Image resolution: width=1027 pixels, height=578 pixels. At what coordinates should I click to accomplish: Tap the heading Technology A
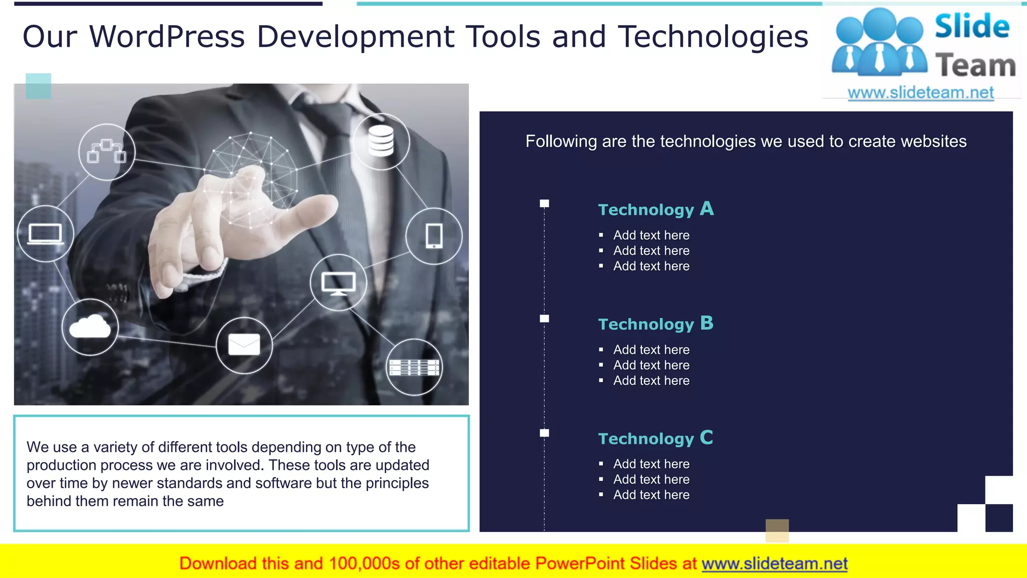(655, 209)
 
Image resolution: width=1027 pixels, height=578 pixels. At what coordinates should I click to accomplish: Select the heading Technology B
(655, 324)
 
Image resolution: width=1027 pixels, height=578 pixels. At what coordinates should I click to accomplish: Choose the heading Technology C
(655, 438)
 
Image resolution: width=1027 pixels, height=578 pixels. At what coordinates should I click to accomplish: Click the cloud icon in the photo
(90, 327)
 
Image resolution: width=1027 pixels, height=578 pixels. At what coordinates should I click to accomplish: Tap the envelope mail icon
(244, 345)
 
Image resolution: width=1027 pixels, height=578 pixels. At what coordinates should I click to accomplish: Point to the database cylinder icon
(381, 141)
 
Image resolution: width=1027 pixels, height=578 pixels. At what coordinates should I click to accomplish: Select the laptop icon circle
(46, 233)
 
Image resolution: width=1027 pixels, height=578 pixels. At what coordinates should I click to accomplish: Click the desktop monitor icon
(338, 282)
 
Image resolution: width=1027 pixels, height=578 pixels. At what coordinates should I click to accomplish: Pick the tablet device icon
(434, 236)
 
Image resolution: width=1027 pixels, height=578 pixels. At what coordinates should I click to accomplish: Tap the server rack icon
(414, 367)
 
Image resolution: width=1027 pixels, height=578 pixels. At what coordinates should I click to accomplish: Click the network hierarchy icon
(107, 152)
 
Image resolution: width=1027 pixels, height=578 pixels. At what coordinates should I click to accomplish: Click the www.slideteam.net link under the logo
(921, 93)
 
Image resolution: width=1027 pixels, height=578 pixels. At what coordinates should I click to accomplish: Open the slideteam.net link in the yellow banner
(774, 563)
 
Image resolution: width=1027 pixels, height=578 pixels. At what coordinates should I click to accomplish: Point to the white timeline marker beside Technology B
(545, 319)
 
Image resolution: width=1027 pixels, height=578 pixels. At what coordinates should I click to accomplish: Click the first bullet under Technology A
(651, 235)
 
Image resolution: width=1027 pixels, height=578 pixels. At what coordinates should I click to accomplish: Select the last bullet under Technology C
(651, 495)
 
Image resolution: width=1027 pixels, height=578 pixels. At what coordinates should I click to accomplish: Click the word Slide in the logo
(972, 26)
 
